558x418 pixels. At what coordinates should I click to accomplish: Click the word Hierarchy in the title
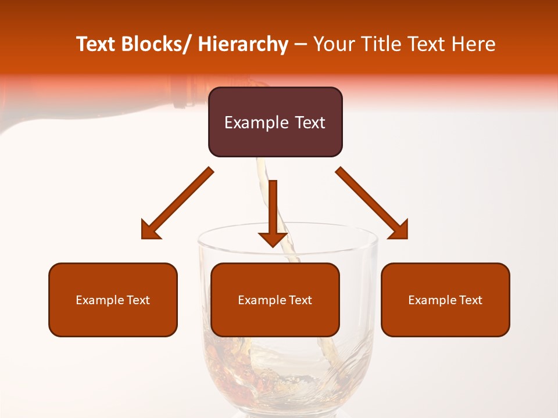click(x=242, y=44)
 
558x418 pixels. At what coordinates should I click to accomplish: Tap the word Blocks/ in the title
click(x=156, y=44)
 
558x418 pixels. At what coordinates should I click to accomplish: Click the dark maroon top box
click(x=275, y=122)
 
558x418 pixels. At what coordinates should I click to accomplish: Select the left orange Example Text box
click(x=113, y=300)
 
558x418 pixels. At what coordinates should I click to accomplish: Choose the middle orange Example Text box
click(x=275, y=300)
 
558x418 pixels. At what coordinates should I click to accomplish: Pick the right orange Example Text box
click(x=445, y=300)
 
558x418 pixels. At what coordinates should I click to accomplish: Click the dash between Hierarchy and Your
click(x=301, y=45)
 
